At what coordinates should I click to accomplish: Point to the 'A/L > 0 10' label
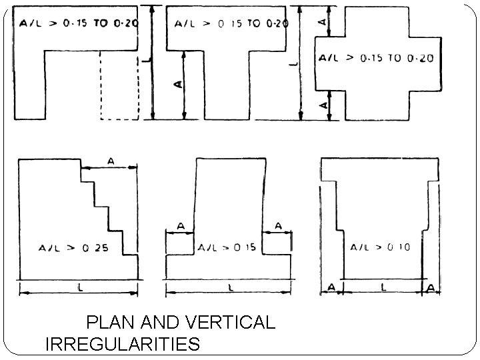pos(381,247)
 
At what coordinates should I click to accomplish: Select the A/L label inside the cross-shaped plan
pos(377,58)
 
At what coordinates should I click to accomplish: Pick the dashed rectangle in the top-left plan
pos(119,85)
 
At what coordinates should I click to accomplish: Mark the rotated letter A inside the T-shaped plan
pos(177,85)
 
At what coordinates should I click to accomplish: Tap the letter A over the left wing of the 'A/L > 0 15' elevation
pos(179,227)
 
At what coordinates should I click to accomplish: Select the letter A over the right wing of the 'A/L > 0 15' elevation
pos(277,227)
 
